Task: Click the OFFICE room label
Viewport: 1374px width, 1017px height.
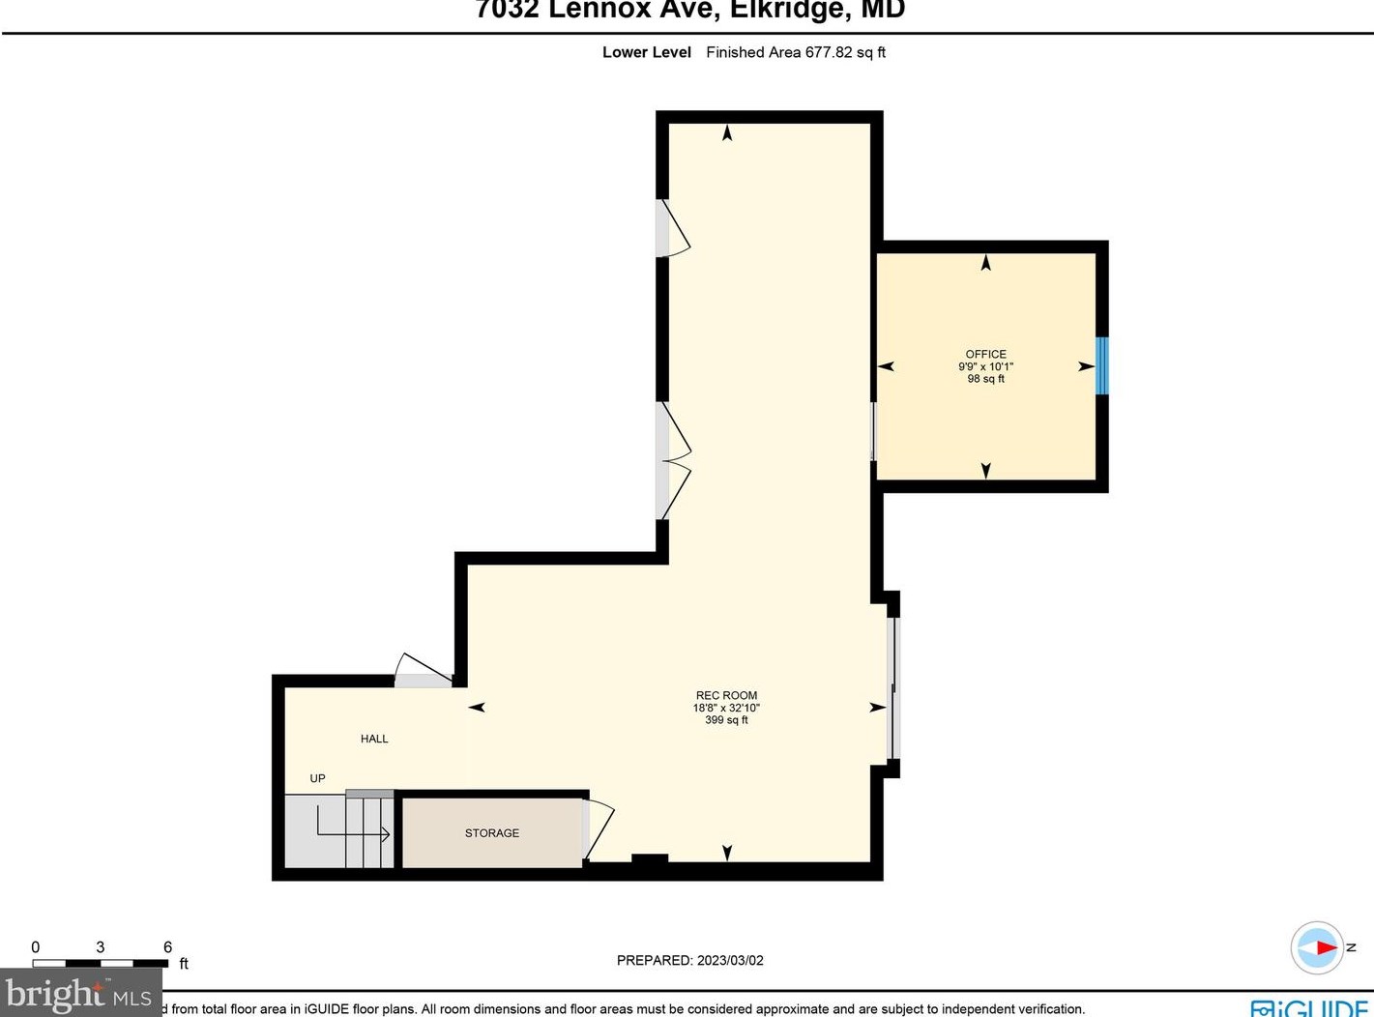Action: tap(985, 354)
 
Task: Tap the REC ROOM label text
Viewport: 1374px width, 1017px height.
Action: tap(726, 695)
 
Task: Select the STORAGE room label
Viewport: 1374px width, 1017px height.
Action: tap(491, 832)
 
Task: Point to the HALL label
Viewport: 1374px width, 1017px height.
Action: tap(374, 739)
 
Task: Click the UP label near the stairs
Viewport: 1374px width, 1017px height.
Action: tap(317, 778)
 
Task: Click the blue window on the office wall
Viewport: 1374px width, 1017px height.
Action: tap(1100, 365)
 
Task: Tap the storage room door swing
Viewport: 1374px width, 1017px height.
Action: tap(599, 829)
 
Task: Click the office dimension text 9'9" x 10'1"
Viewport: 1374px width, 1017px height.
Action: tap(985, 366)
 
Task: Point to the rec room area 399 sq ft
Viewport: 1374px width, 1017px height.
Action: tap(726, 720)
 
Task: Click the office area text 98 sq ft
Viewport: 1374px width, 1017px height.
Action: tap(985, 379)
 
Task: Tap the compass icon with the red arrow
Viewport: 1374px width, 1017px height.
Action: tap(1318, 947)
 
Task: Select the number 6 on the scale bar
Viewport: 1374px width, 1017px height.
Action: tap(167, 947)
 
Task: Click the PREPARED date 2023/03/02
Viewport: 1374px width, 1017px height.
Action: tap(689, 960)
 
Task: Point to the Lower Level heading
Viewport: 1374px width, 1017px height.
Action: tap(646, 52)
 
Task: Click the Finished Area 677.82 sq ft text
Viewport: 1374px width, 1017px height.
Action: tap(795, 52)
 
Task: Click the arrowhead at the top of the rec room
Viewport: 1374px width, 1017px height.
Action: tap(727, 132)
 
